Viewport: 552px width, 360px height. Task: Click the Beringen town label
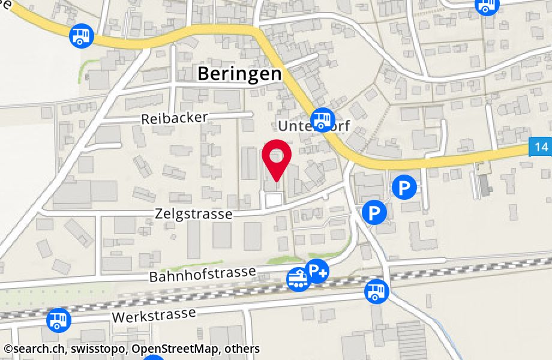(x=239, y=74)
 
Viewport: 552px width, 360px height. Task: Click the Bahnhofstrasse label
(x=203, y=275)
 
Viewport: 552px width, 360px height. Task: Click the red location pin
(x=276, y=159)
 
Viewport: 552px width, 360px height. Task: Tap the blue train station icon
(x=298, y=279)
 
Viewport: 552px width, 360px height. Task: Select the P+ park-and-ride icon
(x=317, y=271)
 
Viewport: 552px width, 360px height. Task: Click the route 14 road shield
(x=540, y=147)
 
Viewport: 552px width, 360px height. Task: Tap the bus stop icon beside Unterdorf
(x=323, y=117)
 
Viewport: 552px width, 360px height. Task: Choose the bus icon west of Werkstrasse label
(x=59, y=320)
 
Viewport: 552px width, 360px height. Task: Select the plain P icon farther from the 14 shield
(x=375, y=212)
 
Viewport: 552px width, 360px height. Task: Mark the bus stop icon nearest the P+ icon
(x=376, y=292)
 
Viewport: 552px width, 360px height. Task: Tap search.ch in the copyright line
(x=35, y=349)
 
